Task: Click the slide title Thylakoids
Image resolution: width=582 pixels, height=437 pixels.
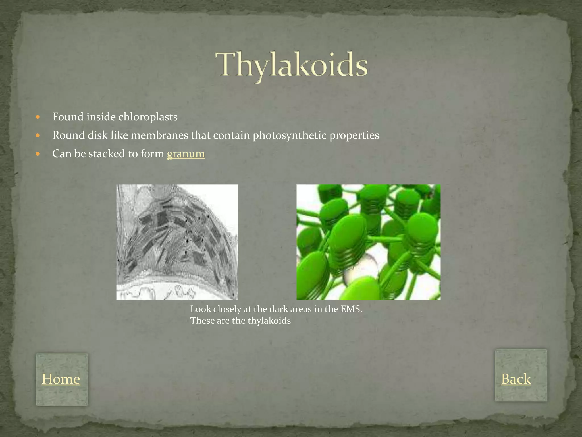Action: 292,65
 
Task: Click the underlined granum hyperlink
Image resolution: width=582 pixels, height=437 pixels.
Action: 186,154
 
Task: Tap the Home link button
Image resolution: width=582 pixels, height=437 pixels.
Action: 61,379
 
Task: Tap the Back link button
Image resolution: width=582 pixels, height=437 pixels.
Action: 516,379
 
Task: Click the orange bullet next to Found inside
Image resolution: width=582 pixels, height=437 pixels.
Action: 38,117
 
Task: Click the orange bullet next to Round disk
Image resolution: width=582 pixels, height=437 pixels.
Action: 38,136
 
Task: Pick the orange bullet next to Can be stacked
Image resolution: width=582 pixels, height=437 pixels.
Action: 38,154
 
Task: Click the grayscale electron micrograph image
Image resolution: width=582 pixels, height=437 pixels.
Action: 177,242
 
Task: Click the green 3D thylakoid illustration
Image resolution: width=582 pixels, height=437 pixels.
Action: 368,242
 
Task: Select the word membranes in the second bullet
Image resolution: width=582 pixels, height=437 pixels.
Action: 159,135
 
